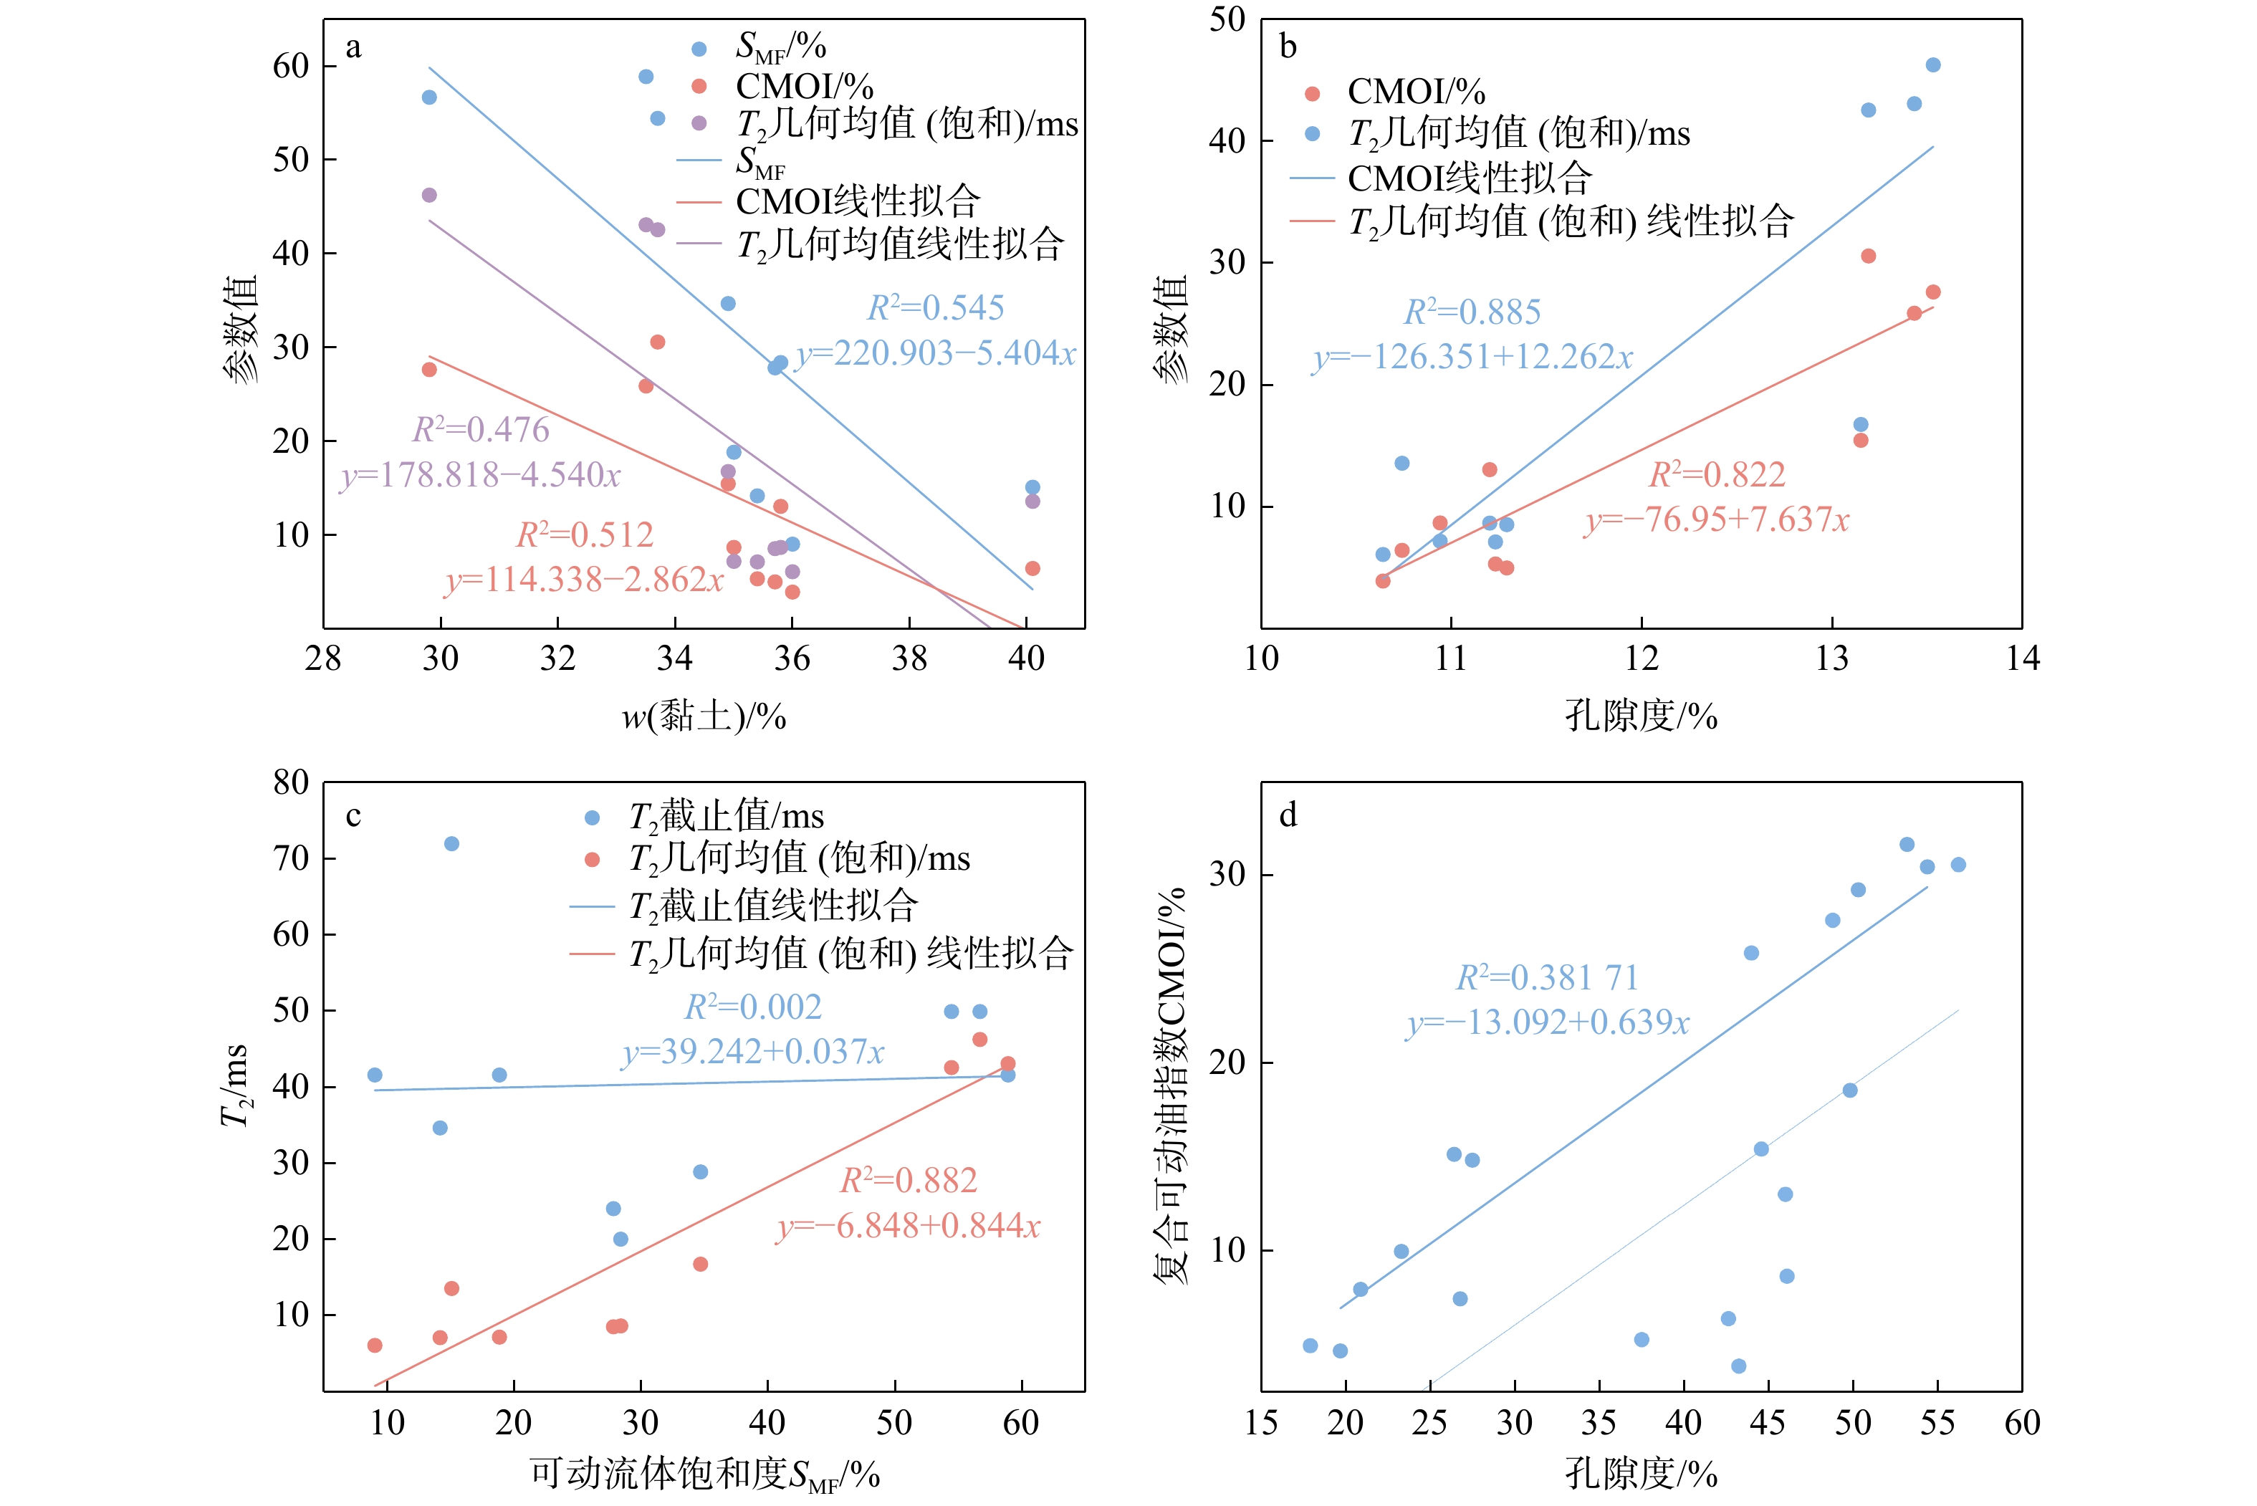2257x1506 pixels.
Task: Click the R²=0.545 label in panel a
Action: click(x=936, y=307)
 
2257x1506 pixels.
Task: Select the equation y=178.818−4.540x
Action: click(x=480, y=474)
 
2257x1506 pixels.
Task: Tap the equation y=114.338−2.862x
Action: click(x=584, y=579)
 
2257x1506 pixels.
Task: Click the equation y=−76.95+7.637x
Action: click(x=1716, y=519)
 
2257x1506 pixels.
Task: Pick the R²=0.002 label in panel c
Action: click(x=753, y=1007)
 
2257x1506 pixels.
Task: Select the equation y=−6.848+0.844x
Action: click(x=909, y=1226)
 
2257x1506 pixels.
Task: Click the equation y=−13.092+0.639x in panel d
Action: click(x=1547, y=1021)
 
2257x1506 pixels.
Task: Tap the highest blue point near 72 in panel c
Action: click(x=451, y=843)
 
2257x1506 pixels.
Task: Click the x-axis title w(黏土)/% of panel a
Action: click(x=704, y=716)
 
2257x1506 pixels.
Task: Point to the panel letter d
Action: click(x=1288, y=815)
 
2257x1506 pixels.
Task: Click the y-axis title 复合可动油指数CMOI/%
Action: click(x=1171, y=1085)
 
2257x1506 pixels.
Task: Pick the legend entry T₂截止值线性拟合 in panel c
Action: click(x=774, y=906)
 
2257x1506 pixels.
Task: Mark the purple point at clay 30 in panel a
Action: click(x=429, y=195)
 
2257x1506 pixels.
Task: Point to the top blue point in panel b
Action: click(x=1933, y=65)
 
